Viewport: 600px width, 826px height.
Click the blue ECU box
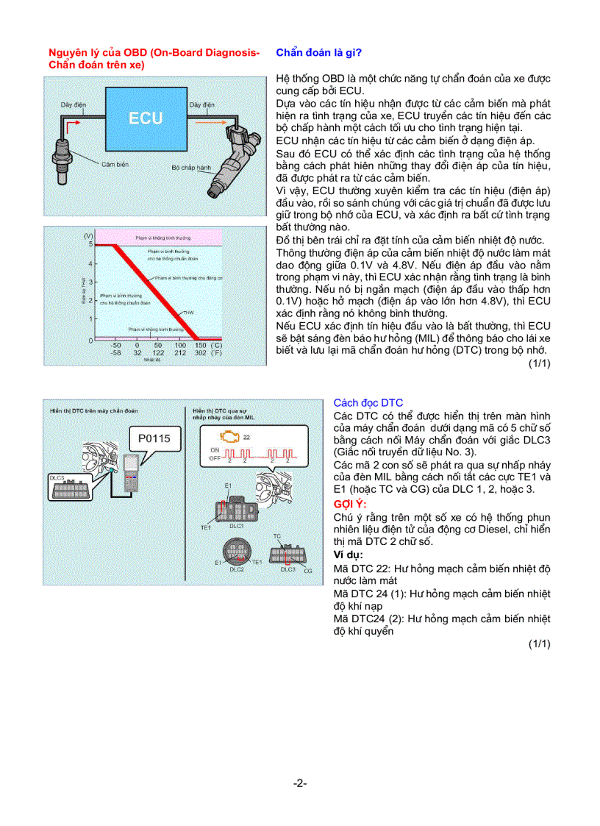[x=146, y=118]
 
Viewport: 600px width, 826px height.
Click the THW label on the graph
[x=189, y=313]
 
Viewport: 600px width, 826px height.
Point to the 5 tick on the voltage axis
[x=90, y=244]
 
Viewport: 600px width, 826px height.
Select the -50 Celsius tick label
[x=115, y=345]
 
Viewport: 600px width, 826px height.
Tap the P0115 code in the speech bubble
[x=154, y=439]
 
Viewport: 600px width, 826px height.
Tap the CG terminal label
[x=308, y=571]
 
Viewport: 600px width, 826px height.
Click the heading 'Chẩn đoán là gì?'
[x=318, y=53]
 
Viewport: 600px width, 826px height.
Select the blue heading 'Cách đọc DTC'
[x=368, y=402]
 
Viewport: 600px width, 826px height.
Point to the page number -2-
[x=299, y=783]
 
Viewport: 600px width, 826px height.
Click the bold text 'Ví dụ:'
[x=349, y=555]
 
